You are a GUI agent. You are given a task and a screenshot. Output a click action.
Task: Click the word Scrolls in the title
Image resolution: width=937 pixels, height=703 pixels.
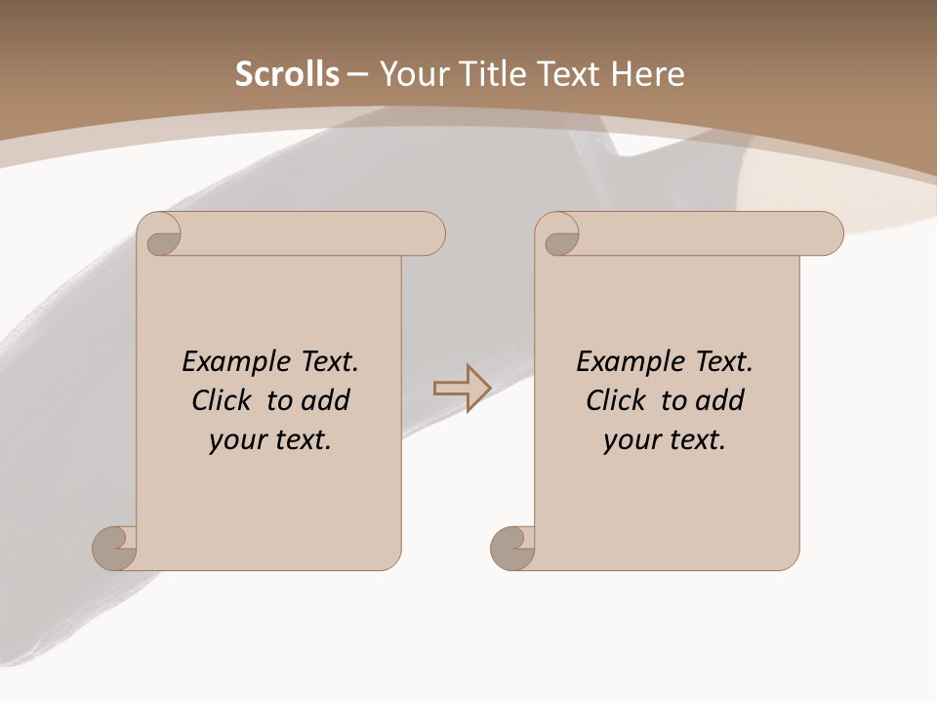click(287, 74)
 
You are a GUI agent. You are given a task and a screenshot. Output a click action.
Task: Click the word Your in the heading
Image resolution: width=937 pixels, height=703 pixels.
click(412, 74)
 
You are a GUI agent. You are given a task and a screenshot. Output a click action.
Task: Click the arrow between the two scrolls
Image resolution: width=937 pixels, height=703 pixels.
click(462, 389)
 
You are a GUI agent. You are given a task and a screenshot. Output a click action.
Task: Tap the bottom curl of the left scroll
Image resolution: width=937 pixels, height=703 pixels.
click(113, 547)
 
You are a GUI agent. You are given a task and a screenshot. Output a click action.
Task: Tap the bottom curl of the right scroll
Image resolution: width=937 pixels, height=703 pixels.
click(511, 547)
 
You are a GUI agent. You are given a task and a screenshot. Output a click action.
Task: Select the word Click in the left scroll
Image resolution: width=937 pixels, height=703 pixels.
click(224, 400)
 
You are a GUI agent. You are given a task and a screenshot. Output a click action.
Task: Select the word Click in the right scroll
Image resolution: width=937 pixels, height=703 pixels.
click(618, 400)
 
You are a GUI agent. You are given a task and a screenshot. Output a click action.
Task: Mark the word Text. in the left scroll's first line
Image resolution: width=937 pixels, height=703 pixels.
click(325, 362)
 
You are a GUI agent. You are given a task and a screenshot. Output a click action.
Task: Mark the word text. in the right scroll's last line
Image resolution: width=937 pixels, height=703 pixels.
click(690, 440)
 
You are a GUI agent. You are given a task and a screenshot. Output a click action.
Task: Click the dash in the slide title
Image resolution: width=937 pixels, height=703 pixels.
click(358, 74)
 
